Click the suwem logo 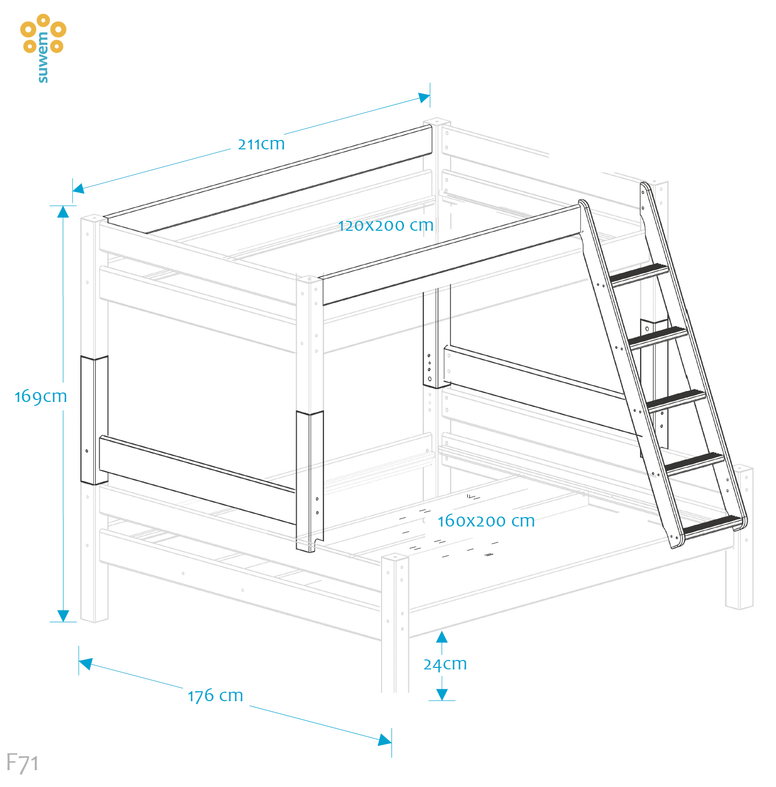point(43,48)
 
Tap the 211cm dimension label point(261,144)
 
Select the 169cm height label point(41,396)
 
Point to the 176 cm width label point(215,696)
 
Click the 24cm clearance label point(445,664)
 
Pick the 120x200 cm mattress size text point(386,226)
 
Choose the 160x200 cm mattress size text point(486,521)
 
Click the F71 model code point(22,763)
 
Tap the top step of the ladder point(639,274)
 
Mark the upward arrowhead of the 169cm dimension point(63,212)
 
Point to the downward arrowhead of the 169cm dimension point(63,615)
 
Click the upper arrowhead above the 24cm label point(442,637)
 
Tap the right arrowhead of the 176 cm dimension point(385,740)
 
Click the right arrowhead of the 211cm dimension point(424,97)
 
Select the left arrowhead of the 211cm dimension point(78,188)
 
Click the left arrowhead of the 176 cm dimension point(86,663)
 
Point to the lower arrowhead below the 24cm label point(442,694)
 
